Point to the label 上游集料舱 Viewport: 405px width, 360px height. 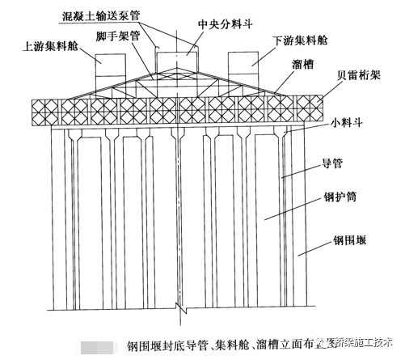[50, 46]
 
